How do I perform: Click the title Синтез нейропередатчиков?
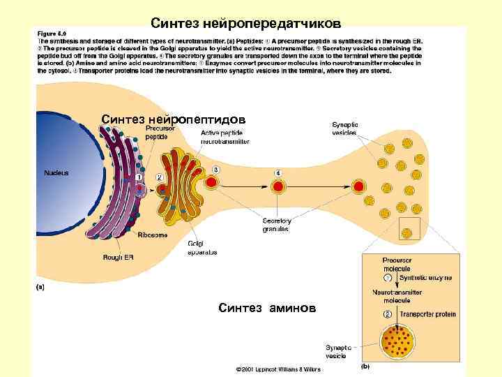click(246, 24)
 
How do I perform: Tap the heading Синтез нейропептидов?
click(173, 119)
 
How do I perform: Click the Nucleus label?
click(56, 172)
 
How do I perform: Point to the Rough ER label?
click(118, 258)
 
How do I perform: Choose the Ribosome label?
click(152, 235)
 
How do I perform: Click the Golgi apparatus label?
click(201, 248)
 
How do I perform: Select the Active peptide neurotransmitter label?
click(225, 137)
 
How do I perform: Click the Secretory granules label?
click(275, 225)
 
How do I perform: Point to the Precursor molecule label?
click(397, 264)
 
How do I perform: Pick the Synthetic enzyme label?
click(425, 278)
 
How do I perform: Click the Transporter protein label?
click(427, 314)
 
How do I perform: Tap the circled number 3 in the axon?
click(216, 170)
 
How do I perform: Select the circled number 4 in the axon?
click(278, 172)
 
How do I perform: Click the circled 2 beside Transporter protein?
click(388, 314)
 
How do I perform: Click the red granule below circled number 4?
click(278, 186)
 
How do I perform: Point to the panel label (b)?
click(364, 366)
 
